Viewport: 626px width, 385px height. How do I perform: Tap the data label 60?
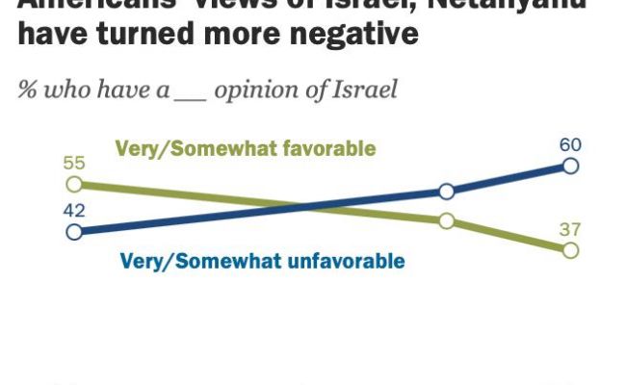(x=570, y=145)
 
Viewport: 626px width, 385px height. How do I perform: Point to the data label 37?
(x=570, y=229)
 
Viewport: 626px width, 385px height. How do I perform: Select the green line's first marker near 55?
(x=72, y=184)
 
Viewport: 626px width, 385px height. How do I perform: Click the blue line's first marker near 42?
(x=72, y=231)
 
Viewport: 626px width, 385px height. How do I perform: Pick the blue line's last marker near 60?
(x=569, y=167)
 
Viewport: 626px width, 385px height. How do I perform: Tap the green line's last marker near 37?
(x=569, y=250)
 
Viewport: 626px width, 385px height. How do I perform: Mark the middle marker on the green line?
(x=446, y=220)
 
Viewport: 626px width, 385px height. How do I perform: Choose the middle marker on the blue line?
(x=446, y=192)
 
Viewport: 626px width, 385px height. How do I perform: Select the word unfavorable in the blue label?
(x=351, y=261)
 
